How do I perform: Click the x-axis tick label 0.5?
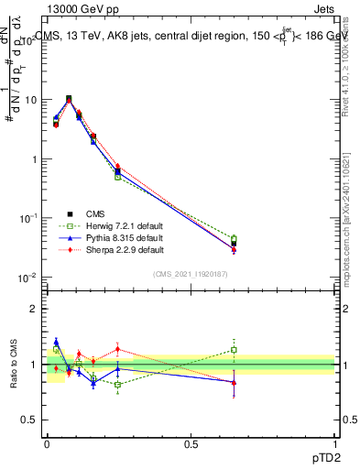tap(191, 442)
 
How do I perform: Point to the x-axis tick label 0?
tap(47, 442)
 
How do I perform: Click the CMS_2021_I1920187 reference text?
tap(191, 273)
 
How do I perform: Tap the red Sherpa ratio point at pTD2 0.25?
tap(117, 348)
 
